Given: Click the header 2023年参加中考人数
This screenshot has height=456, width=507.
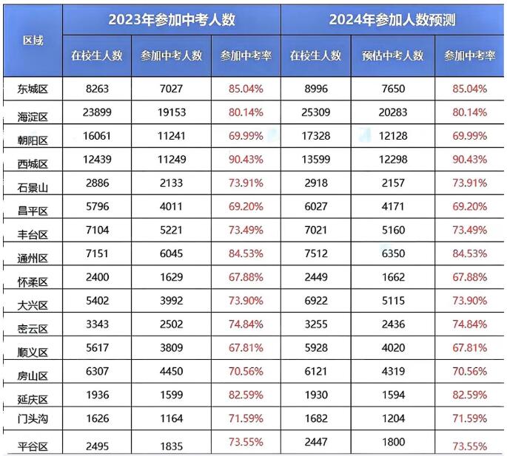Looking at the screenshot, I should coord(172,20).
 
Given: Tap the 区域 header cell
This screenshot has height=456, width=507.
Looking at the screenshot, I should coord(33,39).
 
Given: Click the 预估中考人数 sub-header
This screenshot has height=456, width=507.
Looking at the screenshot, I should coord(392,55).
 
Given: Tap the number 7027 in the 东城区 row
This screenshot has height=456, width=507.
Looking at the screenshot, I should coord(171,89).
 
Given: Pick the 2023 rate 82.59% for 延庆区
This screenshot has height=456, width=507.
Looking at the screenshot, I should coord(246,395).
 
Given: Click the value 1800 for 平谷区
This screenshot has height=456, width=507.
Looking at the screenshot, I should coord(392,441).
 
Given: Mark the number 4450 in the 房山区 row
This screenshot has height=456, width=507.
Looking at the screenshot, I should coord(171,372).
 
